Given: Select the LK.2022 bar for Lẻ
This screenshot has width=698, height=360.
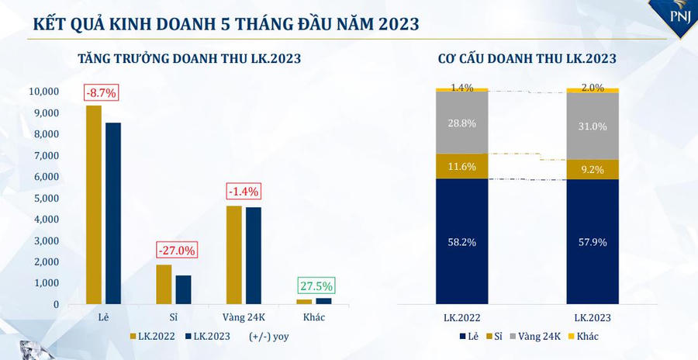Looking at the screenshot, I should click(94, 205).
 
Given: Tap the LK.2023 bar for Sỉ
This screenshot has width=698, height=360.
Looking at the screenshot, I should click(183, 289).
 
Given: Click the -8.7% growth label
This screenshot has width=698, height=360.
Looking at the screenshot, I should click(101, 93).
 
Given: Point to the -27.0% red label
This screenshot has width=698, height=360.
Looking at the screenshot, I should click(177, 251).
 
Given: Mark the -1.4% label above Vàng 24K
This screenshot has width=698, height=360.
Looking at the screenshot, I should click(244, 191).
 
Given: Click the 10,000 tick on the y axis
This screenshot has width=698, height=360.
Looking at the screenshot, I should click(43, 92).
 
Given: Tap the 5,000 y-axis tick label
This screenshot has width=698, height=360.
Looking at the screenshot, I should click(47, 198).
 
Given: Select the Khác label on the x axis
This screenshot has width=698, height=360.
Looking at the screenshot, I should click(315, 318).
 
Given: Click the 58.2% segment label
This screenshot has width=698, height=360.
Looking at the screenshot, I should click(461, 242).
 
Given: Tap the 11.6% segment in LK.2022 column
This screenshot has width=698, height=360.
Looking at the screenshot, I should click(461, 166).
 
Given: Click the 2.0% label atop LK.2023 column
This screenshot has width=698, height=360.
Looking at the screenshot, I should click(593, 88).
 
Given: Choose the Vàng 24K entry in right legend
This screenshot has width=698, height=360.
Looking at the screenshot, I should click(534, 337).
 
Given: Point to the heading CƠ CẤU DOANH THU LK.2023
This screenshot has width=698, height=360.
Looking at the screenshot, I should click(527, 58).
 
